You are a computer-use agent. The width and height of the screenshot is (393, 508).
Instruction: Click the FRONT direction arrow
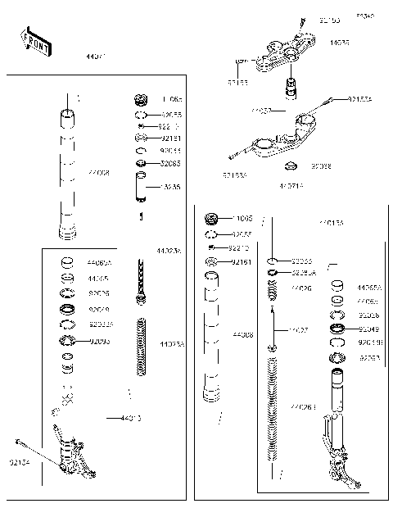coord(36,43)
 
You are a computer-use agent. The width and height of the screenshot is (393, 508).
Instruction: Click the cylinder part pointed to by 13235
coord(141,188)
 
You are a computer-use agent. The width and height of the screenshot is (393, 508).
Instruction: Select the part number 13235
coord(171,187)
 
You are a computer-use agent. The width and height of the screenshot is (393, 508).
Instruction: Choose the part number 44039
coord(339,41)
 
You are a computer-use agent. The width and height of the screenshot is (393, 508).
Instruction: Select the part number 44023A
coord(169,249)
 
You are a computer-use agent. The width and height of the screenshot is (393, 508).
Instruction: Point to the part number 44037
coord(261,109)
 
